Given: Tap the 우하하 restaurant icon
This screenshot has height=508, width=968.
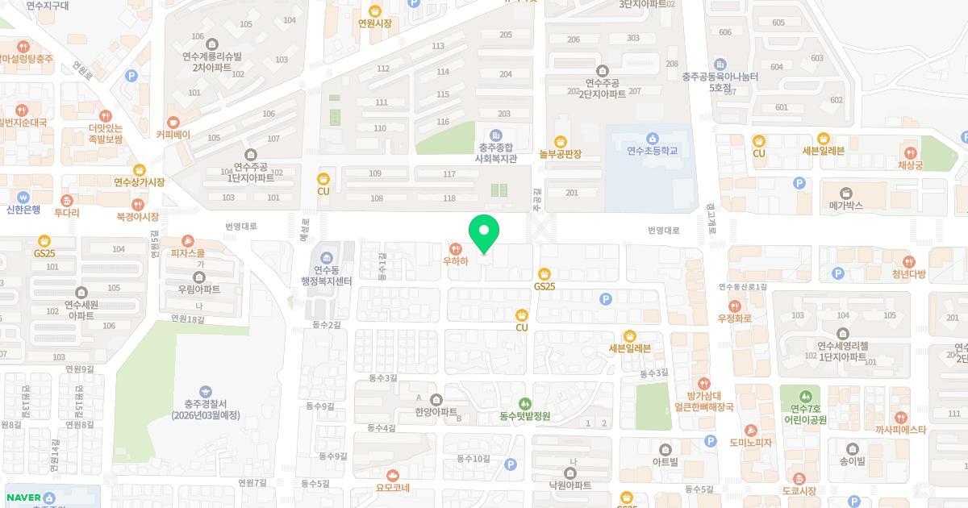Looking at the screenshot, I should pos(456,248).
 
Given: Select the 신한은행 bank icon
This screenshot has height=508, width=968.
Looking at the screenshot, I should pos(23,197).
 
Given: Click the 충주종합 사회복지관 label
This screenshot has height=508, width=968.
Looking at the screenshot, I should pos(495,153).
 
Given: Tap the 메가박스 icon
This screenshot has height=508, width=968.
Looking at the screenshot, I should pos(845,193).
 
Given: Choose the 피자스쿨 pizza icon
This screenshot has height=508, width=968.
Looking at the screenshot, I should pos(188,241).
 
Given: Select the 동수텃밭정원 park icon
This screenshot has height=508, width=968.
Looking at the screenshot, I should pos(524,403).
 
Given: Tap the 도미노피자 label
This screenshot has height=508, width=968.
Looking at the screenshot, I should pos(751,443).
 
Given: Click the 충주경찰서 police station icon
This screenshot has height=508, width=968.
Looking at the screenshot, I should pos(205,392).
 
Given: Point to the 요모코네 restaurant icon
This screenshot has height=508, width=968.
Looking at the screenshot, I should pos(393,475).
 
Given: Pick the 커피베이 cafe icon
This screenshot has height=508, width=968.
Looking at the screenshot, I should pos(173,122).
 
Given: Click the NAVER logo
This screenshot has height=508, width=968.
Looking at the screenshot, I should pos(23,498).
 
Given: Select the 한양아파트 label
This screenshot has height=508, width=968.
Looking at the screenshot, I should pos(436,411).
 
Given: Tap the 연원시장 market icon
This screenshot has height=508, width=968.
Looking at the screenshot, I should pos(375,11).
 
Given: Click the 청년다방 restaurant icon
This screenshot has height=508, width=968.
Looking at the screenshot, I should pos(909,261).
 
